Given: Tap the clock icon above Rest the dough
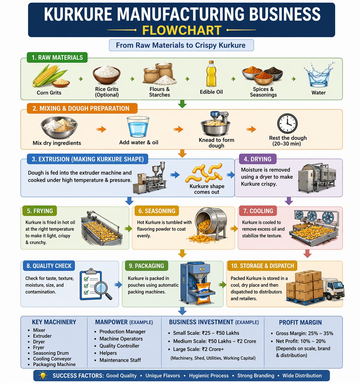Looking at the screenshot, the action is click(287, 123).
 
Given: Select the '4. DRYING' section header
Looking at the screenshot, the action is click(258, 159).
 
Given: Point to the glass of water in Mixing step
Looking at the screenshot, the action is click(138, 127).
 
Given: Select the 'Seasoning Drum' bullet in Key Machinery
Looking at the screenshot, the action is click(51, 353).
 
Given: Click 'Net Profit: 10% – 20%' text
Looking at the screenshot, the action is click(300, 341).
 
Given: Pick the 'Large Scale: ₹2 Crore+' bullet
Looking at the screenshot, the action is click(198, 349).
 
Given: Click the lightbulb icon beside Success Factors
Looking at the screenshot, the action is click(43, 376).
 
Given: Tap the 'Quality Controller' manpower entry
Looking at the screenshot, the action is click(119, 346).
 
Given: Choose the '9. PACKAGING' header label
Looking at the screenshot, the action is click(147, 266).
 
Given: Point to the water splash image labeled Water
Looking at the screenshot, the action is click(319, 75).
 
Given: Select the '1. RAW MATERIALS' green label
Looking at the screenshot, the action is click(57, 57).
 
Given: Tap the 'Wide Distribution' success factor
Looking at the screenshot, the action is click(302, 376).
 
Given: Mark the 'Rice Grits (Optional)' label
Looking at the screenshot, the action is click(107, 92).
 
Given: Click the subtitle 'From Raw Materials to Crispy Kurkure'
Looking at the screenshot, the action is click(181, 45).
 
